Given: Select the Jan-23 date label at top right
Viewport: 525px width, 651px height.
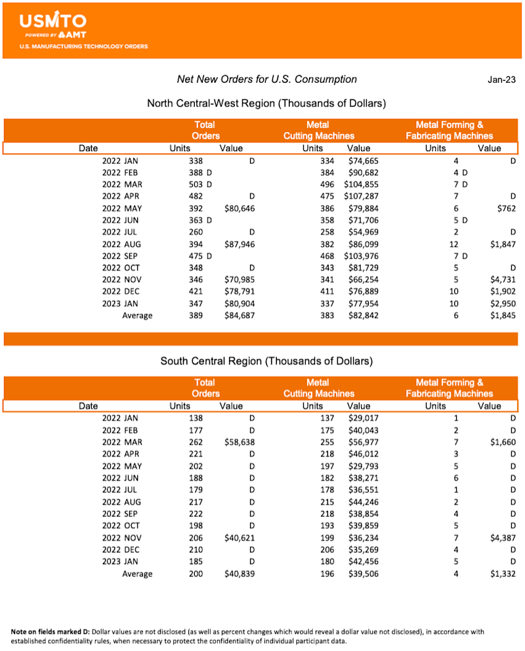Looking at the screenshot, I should [501, 79].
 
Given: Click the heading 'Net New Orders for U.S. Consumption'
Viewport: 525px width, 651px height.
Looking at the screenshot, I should [267, 79].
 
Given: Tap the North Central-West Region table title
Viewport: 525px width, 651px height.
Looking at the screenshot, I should [266, 103].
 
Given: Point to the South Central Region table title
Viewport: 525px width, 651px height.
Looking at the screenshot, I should [266, 361].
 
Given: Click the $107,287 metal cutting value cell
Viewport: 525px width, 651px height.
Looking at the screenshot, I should [361, 196].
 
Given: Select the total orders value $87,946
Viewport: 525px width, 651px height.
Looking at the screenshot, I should [236, 244].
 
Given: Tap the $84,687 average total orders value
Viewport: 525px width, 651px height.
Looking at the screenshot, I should [236, 315].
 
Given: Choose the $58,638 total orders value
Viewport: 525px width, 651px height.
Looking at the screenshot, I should [236, 442].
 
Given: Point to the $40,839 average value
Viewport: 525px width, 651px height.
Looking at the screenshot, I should [236, 573].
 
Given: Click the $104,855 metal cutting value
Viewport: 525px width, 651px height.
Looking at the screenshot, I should [361, 185].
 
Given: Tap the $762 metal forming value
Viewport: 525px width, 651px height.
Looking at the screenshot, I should [506, 208].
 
